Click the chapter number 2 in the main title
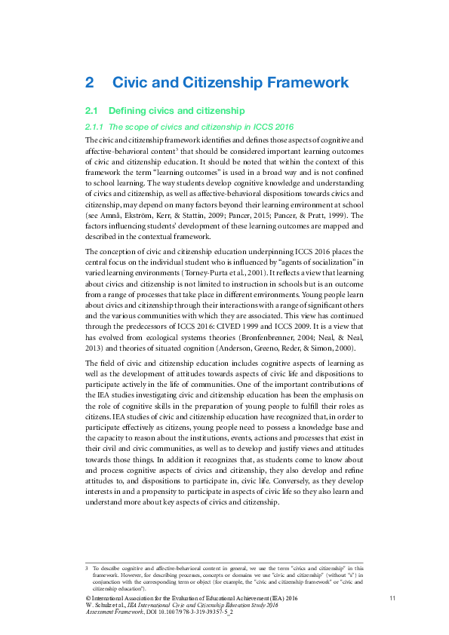pyautogui.click(x=89, y=82)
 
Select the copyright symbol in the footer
pyautogui.click(x=88, y=597)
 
